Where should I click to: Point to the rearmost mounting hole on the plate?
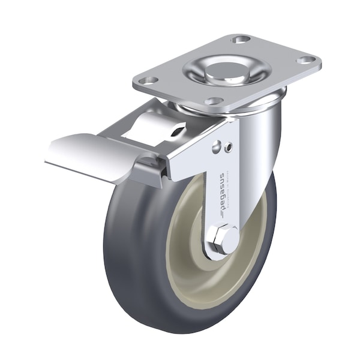coord(241,40)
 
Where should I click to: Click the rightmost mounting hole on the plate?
coord(307,60)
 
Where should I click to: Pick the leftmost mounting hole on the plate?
coord(151,79)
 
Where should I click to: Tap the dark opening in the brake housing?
coord(178,130)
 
